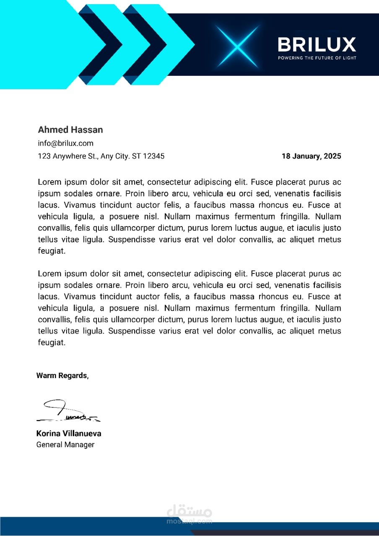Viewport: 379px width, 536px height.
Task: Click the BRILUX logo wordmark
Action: [x=317, y=44]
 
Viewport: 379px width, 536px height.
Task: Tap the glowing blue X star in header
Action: [x=237, y=46]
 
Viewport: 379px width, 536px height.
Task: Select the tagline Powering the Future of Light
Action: [x=317, y=58]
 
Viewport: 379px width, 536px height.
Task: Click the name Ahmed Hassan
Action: [x=70, y=130]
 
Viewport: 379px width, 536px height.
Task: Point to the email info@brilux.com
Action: [x=65, y=143]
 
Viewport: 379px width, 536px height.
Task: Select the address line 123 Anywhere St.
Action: [x=101, y=156]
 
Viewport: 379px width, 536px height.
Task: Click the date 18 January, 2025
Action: [x=311, y=156]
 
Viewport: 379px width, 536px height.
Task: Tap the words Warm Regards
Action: [x=62, y=376]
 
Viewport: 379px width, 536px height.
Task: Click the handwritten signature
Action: [x=67, y=411]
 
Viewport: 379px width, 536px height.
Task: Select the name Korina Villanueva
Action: [x=69, y=433]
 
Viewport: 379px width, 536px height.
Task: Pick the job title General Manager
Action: [x=65, y=445]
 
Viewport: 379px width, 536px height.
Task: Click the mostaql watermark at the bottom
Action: [x=189, y=515]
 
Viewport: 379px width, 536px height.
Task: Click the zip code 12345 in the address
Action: [x=154, y=156]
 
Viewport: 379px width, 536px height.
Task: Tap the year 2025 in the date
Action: [x=332, y=156]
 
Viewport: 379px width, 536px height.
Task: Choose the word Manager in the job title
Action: [x=80, y=445]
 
